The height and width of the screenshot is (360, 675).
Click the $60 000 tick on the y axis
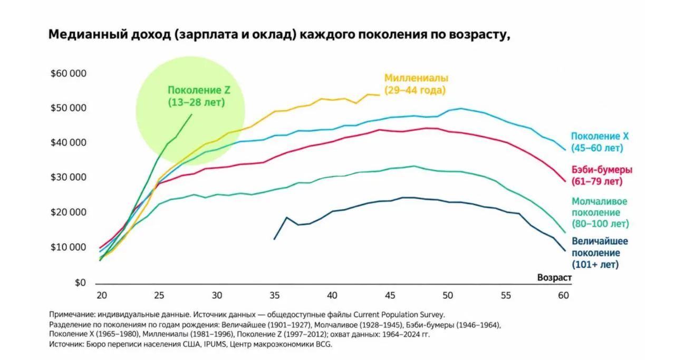point(69,73)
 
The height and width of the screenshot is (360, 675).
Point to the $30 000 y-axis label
point(69,177)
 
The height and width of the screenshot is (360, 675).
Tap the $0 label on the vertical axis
point(80,283)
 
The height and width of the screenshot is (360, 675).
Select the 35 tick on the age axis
point(275,296)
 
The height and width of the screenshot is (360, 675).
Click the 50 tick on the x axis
point(448,296)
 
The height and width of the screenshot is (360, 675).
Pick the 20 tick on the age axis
point(102,296)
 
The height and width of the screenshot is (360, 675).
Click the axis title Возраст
point(554,277)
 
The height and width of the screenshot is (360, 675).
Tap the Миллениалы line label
point(416,84)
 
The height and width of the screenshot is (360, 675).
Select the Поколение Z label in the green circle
point(199,96)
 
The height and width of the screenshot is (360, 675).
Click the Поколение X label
point(600,142)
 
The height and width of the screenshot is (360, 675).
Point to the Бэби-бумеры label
point(602,176)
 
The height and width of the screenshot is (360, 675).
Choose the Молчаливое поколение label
point(600,213)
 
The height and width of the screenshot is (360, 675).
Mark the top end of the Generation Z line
point(191,114)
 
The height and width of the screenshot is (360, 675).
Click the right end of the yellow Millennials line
point(379,95)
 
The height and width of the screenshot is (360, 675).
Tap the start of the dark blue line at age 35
point(274,239)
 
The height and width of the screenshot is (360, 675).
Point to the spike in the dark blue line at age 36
point(286,217)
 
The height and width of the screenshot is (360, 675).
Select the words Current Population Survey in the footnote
point(399,315)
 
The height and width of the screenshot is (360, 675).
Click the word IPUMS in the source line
point(215,344)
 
